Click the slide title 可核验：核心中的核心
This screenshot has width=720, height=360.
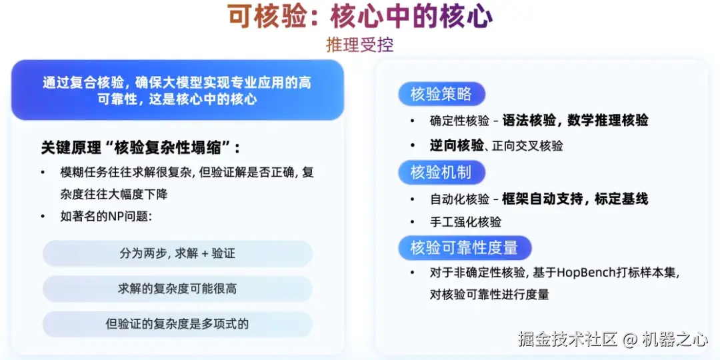[x=360, y=17]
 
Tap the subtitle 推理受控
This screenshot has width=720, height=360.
[x=360, y=45]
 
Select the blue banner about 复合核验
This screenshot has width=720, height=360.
[x=177, y=91]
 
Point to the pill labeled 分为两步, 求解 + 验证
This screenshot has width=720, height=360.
[x=177, y=253]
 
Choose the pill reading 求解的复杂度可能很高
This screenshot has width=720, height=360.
[x=177, y=289]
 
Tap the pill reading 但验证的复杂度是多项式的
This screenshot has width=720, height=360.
[x=177, y=324]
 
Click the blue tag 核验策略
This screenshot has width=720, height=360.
[x=441, y=94]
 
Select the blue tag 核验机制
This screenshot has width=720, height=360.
[x=441, y=172]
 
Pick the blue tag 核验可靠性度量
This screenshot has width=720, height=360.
[x=464, y=248]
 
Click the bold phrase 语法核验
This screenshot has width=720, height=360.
[x=529, y=121]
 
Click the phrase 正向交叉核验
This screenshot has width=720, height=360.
[x=527, y=146]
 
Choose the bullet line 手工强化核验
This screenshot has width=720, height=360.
[x=465, y=222]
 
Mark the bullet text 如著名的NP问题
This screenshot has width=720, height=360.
[x=107, y=217]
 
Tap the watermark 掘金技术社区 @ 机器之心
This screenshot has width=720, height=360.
[x=613, y=339]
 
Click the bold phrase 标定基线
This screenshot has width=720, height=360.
[x=622, y=199]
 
